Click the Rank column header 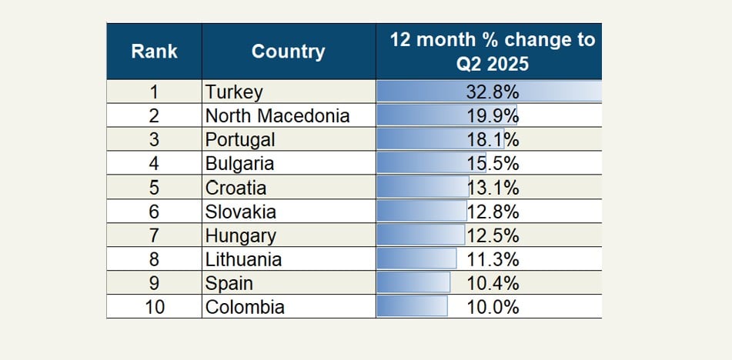pos(154,52)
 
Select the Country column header pos(288,52)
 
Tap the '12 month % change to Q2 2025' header pos(493,51)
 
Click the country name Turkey pos(234,92)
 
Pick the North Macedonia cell pos(277,116)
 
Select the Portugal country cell pos(239,140)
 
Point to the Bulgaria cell pos(239,164)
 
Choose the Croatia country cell pos(236,188)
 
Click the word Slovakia pos(240,212)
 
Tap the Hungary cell pos(240,235)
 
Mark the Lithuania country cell pos(243,259)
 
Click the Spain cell pos(229,283)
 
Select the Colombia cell pos(245,307)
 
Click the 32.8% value pos(493,92)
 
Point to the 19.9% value pos(493,116)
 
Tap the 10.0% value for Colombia pos(493,307)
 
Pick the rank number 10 pos(154,307)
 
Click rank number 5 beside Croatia pos(154,188)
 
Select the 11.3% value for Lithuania pos(493,259)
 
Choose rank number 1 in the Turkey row pos(154,92)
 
